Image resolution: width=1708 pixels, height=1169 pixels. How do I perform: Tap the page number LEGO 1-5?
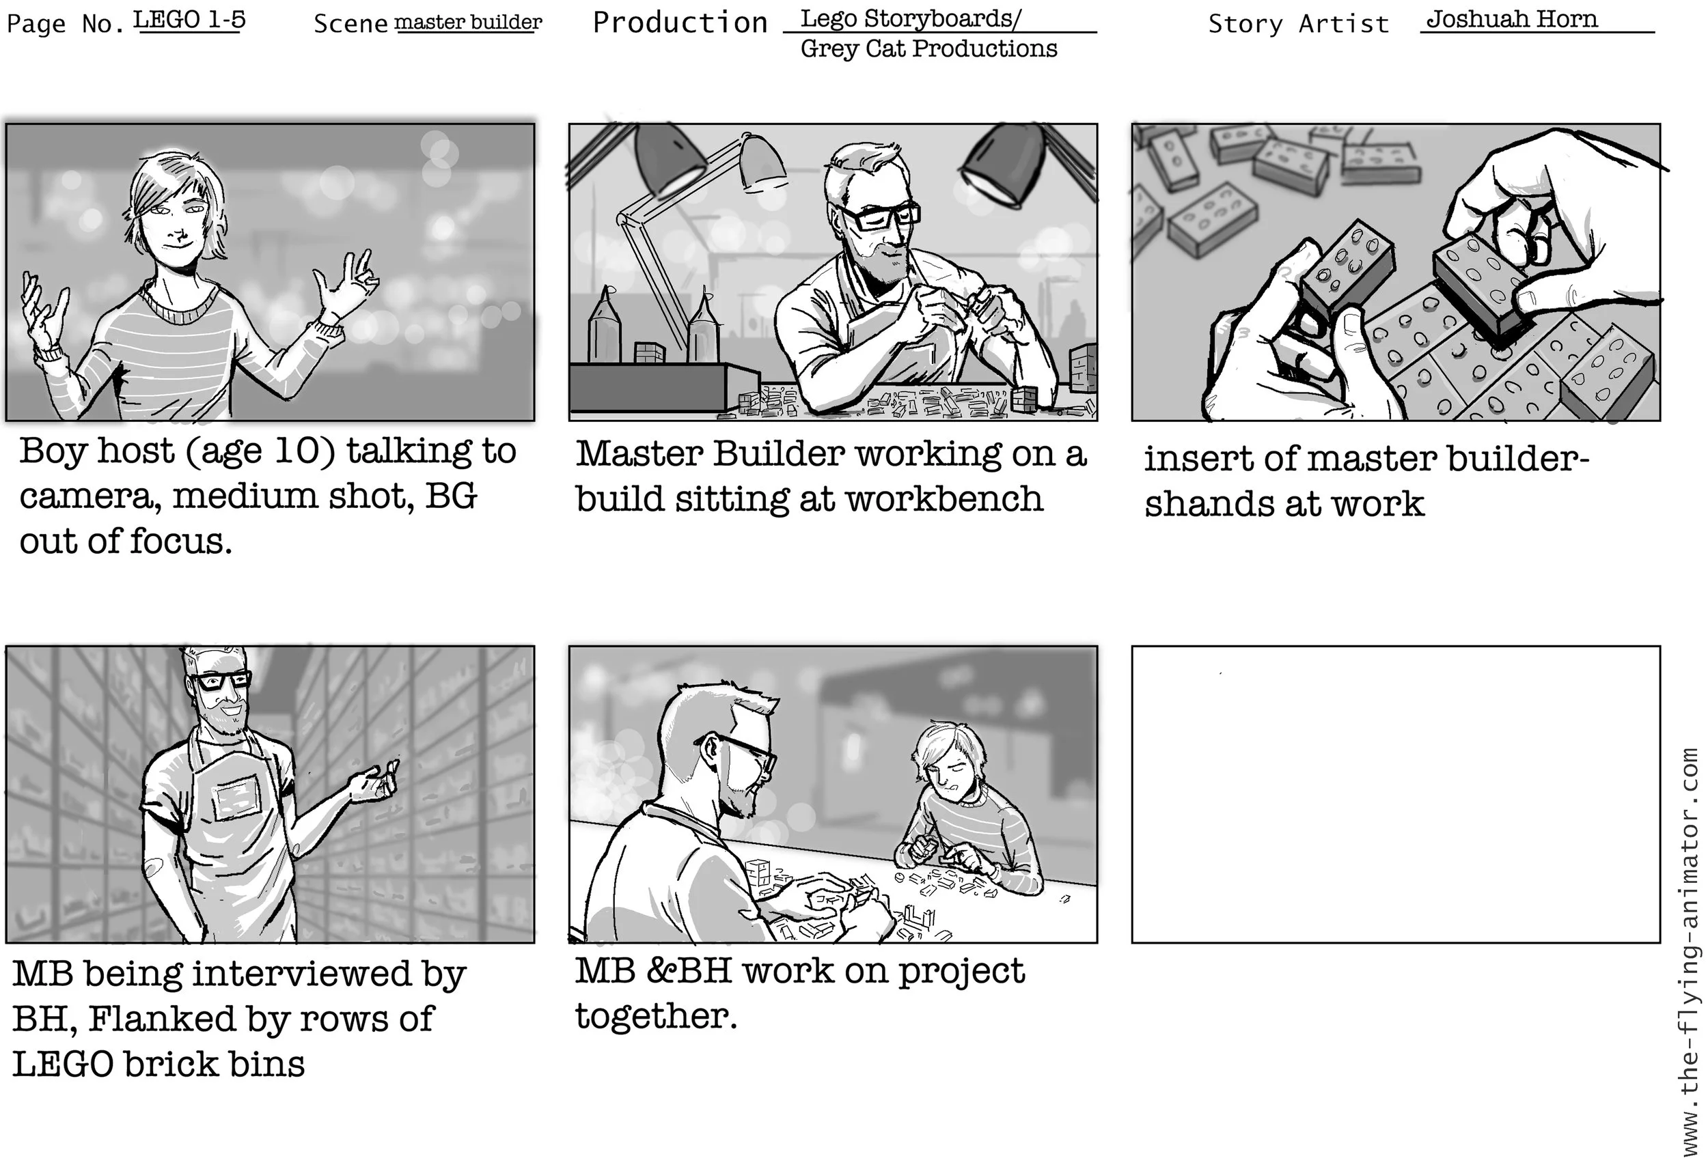(189, 19)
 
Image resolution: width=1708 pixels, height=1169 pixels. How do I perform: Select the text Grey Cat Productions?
(928, 48)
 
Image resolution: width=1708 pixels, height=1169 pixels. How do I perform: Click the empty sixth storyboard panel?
(1395, 794)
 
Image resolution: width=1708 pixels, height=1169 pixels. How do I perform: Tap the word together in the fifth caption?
(656, 1016)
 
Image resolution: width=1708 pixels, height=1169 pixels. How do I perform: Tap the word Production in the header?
(680, 23)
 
